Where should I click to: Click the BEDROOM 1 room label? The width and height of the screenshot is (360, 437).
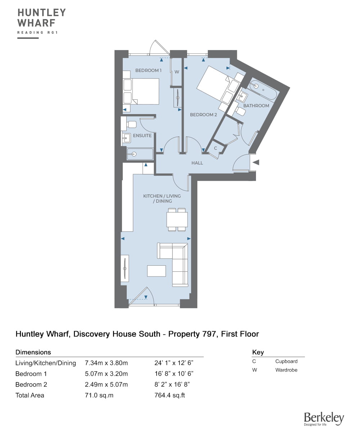(148, 70)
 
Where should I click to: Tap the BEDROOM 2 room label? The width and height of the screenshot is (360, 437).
(203, 115)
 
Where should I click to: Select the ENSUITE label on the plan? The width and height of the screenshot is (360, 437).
(142, 136)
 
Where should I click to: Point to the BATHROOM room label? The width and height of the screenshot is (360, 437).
(256, 106)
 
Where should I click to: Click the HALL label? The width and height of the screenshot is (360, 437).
(197, 163)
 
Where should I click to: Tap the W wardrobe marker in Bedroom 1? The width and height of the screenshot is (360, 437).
(177, 72)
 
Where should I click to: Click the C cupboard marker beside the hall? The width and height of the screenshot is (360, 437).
(215, 148)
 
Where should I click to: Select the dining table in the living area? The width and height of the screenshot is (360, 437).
(177, 220)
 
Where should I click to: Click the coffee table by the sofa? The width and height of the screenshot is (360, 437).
(156, 271)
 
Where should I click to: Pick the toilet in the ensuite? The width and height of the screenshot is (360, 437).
(131, 125)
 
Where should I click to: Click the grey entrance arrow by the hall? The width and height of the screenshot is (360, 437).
(256, 162)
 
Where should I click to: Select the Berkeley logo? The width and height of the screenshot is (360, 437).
(324, 419)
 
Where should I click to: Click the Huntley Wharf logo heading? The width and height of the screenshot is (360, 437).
(42, 18)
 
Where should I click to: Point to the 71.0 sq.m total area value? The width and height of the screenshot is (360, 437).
(99, 395)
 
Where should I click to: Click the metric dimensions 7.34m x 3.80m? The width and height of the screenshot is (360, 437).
(106, 363)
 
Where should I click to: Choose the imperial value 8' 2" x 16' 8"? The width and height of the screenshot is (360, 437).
(172, 384)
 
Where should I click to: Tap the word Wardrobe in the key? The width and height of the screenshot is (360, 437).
(286, 370)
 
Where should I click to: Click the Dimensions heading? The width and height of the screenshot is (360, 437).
(33, 352)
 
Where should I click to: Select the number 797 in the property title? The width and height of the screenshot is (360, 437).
(209, 334)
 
